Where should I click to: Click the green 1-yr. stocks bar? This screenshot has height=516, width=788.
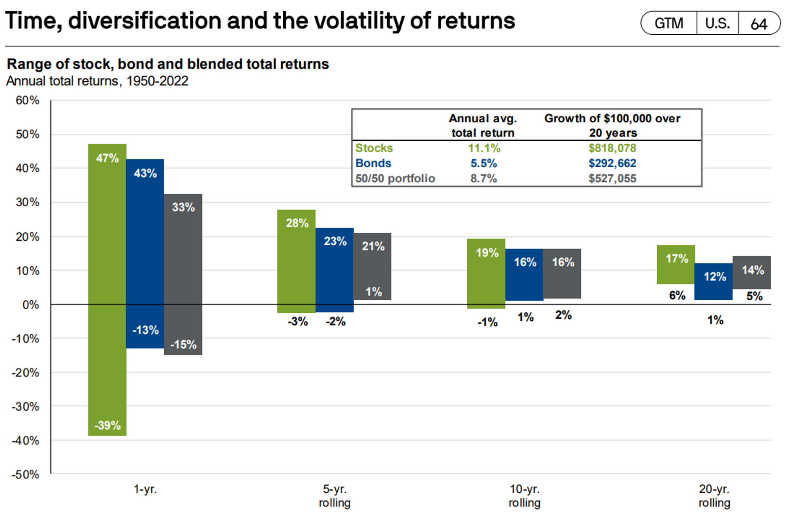107,290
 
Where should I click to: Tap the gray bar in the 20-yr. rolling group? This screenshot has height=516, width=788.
752,272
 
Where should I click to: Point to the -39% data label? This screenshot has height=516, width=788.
107,425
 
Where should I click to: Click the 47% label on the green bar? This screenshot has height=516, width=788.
107,158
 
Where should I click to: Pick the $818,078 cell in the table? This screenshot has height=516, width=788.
612,148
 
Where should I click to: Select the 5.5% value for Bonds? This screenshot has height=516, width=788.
483,163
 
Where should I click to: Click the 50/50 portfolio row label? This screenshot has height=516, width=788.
395,178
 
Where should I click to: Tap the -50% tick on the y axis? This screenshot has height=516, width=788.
26,474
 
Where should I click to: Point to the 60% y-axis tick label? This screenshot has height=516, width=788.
27,100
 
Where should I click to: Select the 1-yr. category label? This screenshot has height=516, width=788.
145,489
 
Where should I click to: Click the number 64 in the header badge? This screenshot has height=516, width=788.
759,24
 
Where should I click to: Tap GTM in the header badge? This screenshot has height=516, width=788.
669,24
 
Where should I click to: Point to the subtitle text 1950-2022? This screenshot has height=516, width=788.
157,81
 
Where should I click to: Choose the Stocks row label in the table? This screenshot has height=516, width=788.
374,148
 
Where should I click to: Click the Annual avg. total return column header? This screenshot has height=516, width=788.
483,125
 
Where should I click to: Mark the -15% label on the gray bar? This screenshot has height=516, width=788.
183,344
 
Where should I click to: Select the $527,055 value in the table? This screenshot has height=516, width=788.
612,178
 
